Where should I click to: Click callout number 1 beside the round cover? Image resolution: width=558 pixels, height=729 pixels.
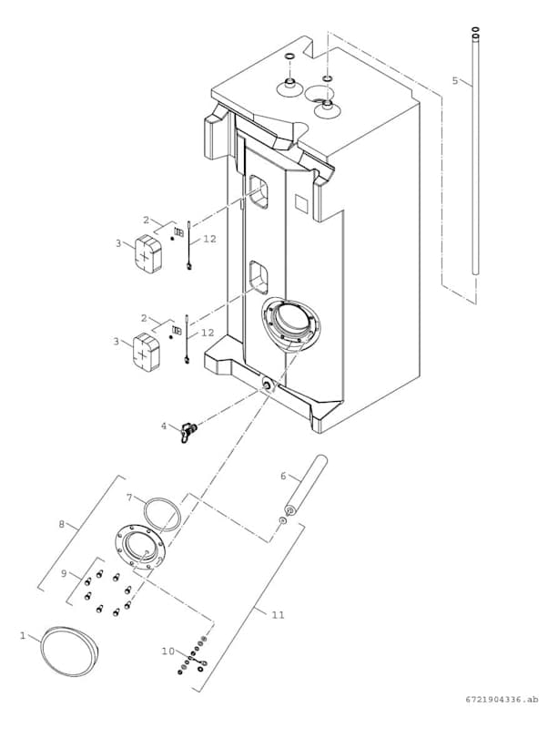coord(23,636)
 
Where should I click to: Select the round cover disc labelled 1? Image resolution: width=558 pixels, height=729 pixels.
coord(70,651)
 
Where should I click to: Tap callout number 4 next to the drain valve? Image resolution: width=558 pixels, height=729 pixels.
coord(164,425)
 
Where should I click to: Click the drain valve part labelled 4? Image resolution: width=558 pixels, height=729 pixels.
coord(188,431)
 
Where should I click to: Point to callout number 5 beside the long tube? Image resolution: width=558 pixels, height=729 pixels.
coord(455,80)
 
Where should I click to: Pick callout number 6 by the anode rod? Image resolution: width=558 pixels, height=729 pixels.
coord(283,476)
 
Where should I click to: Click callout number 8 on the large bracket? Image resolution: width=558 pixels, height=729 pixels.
coord(62,525)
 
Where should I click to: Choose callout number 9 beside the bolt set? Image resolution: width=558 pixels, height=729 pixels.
coord(64,574)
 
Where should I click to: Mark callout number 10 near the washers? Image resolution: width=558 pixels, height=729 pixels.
coord(167,652)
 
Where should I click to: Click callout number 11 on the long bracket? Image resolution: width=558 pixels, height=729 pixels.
coord(278,614)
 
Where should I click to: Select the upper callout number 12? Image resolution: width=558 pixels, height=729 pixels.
coord(209,239)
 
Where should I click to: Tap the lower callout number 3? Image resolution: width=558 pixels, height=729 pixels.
coord(117,342)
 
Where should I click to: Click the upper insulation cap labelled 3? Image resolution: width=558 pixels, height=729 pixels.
coord(148,253)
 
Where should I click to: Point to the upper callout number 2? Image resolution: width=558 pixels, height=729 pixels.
coord(146,220)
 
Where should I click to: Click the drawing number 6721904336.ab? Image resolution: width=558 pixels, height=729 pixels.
coord(502,713)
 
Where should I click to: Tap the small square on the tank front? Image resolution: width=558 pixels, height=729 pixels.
coord(302,203)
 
